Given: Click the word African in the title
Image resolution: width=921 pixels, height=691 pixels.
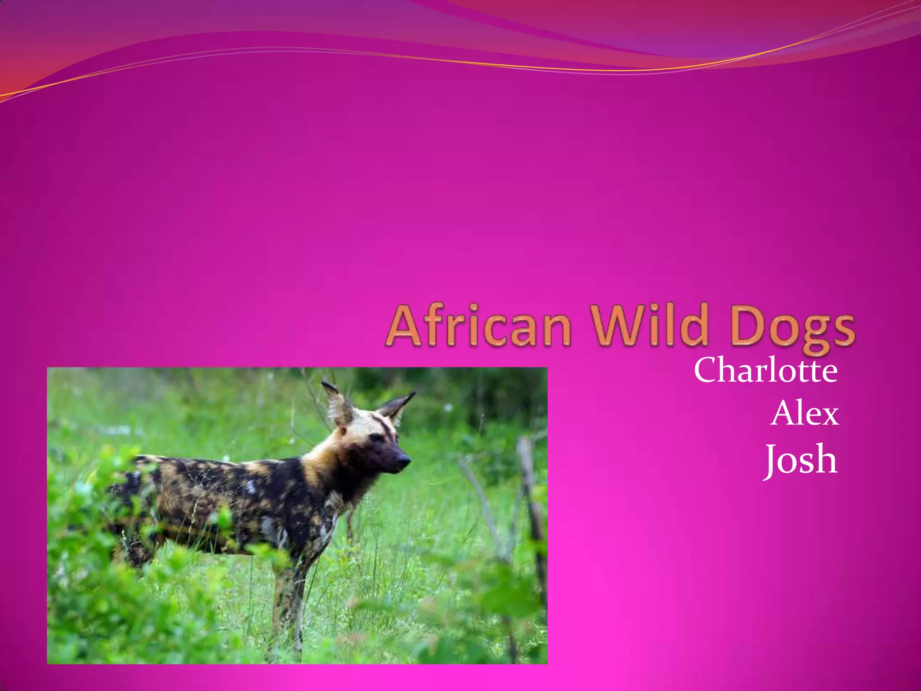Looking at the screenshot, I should [478, 325].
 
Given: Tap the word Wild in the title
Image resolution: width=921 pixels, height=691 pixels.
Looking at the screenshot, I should [651, 325].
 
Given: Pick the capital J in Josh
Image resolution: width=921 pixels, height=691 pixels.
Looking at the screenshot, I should [772, 460].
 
